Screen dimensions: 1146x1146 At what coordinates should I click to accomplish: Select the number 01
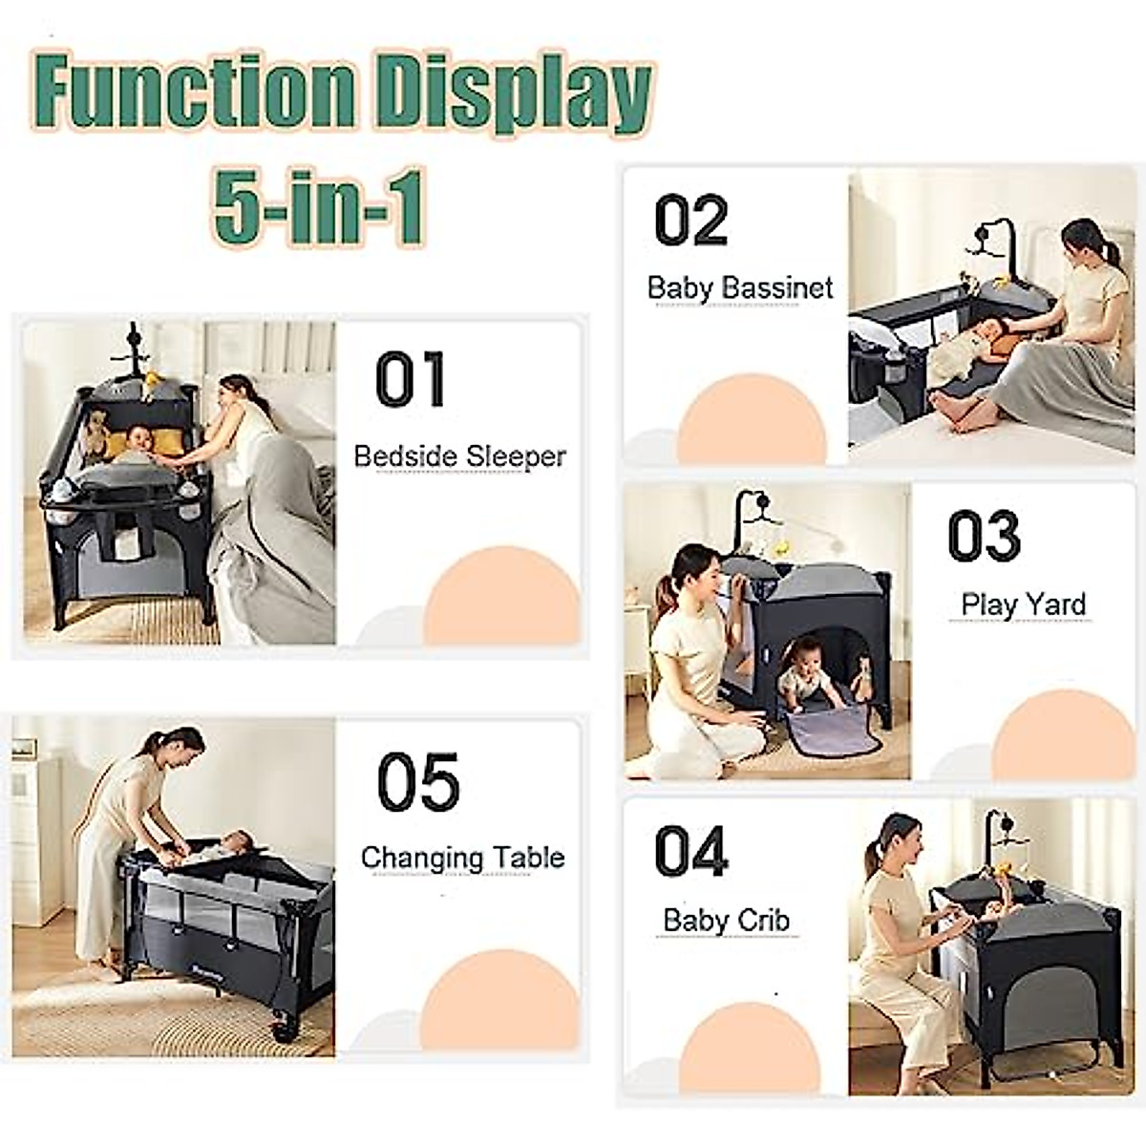[x=410, y=379]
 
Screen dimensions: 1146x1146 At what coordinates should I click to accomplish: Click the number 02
[x=690, y=221]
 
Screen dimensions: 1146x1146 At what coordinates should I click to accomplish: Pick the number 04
[x=690, y=852]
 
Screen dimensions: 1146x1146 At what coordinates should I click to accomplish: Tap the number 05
[x=418, y=782]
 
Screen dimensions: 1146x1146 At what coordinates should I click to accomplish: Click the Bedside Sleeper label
[x=459, y=456]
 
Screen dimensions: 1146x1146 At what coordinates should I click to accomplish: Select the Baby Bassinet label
[x=740, y=288]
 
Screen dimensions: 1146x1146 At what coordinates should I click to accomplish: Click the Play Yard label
[x=1023, y=605]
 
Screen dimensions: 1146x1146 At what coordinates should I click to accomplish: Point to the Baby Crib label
[x=727, y=921]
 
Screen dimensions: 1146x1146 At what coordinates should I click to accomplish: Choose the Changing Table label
[x=462, y=858]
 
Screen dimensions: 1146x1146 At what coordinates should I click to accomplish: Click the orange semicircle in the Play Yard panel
[x=1060, y=735]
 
